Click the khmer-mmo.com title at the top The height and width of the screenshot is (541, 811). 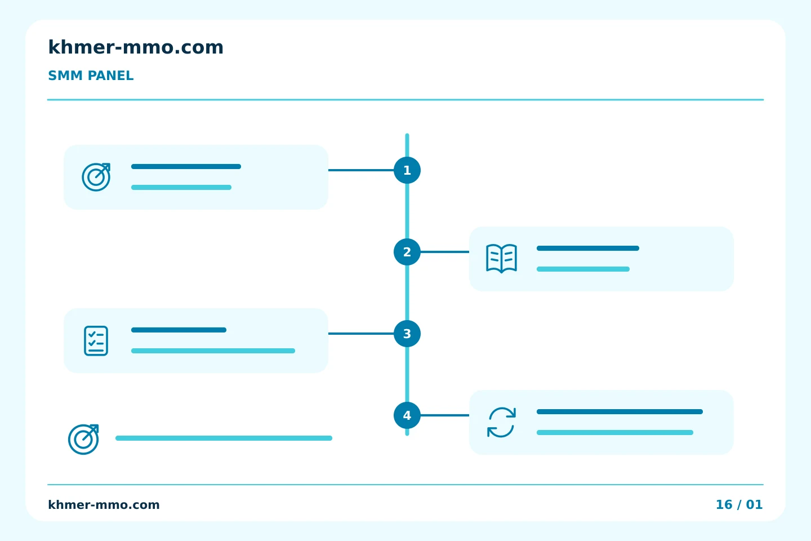(136, 47)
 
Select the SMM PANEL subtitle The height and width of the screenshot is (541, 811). (91, 76)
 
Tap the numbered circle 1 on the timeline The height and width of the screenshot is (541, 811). (407, 170)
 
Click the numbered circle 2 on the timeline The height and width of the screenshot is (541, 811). (407, 252)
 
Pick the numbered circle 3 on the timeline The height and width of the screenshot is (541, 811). (407, 334)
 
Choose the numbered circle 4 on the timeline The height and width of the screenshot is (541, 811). (407, 415)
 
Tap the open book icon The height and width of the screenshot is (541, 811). (501, 259)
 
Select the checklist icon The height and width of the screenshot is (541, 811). (96, 341)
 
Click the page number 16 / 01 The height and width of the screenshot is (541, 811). (739, 504)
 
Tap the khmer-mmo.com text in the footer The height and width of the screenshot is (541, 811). (104, 505)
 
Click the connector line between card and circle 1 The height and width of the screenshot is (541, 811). (361, 170)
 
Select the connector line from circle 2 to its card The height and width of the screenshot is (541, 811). (445, 252)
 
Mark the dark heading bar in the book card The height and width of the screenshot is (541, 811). (588, 248)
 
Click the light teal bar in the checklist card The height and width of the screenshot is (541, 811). (213, 351)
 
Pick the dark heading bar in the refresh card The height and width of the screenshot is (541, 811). (620, 411)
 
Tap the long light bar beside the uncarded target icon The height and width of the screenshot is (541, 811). (224, 438)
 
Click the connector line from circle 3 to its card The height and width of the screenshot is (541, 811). (361, 334)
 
